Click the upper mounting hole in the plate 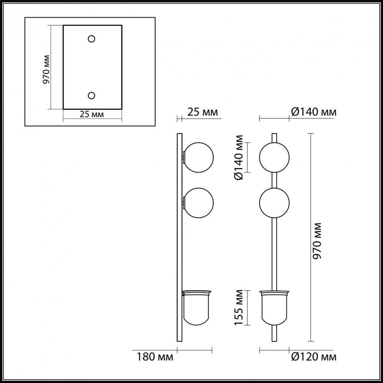click(92, 39)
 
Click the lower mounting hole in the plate click(92, 96)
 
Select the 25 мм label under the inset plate click(92, 115)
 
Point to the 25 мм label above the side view click(203, 112)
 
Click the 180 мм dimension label click(155, 358)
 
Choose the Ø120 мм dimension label click(314, 358)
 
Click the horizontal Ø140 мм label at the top click(314, 112)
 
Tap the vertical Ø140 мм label click(238, 158)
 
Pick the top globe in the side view click(199, 158)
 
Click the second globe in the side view click(199, 203)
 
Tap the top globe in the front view click(274, 158)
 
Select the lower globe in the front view click(274, 203)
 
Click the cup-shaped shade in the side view click(197, 308)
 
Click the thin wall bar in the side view click(179, 245)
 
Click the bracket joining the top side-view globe click(183, 158)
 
